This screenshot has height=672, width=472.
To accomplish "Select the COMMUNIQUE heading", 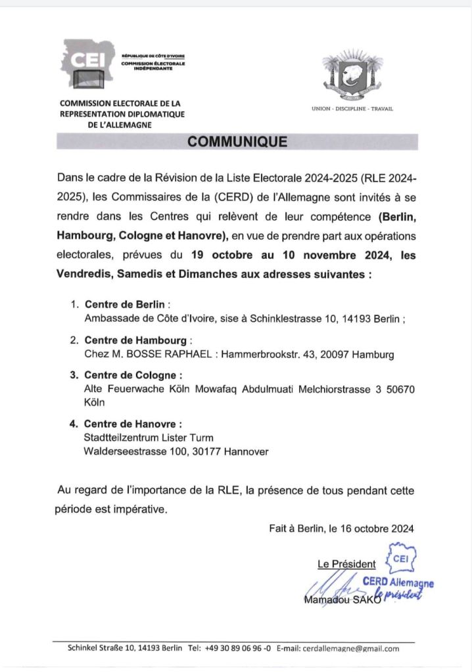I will (237, 141).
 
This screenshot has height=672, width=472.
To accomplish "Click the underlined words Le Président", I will (346, 564).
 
